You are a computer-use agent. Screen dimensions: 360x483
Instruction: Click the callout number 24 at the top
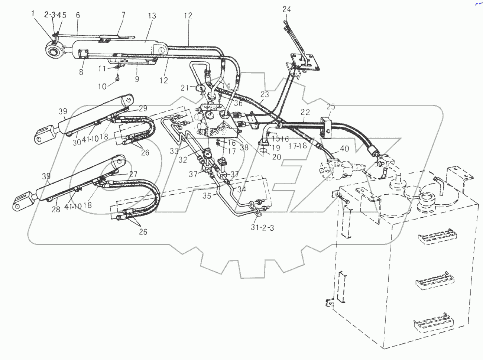point(286,9)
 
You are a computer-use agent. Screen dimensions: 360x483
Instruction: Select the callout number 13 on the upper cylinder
point(152,16)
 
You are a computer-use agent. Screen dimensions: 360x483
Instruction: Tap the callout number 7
point(123,15)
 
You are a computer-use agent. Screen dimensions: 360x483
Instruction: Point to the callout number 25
point(331,107)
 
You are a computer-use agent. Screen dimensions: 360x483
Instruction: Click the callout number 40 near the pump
point(344,149)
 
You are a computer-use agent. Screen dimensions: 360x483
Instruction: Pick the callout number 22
point(305,112)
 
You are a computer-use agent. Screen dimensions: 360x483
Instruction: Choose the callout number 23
point(264,95)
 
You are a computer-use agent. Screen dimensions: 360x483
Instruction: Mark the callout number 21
point(185,88)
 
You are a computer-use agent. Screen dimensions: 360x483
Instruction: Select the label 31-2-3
point(262,228)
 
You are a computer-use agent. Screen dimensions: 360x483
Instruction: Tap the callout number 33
point(174,151)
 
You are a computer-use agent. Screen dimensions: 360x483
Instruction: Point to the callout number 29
point(143,108)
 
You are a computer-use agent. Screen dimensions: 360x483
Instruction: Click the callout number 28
point(56,210)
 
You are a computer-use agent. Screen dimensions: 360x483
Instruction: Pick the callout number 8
point(81,72)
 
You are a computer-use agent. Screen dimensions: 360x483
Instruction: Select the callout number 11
point(103,68)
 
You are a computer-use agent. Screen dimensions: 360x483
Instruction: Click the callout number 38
point(244,147)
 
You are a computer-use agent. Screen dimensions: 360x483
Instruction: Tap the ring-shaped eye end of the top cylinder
point(54,50)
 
